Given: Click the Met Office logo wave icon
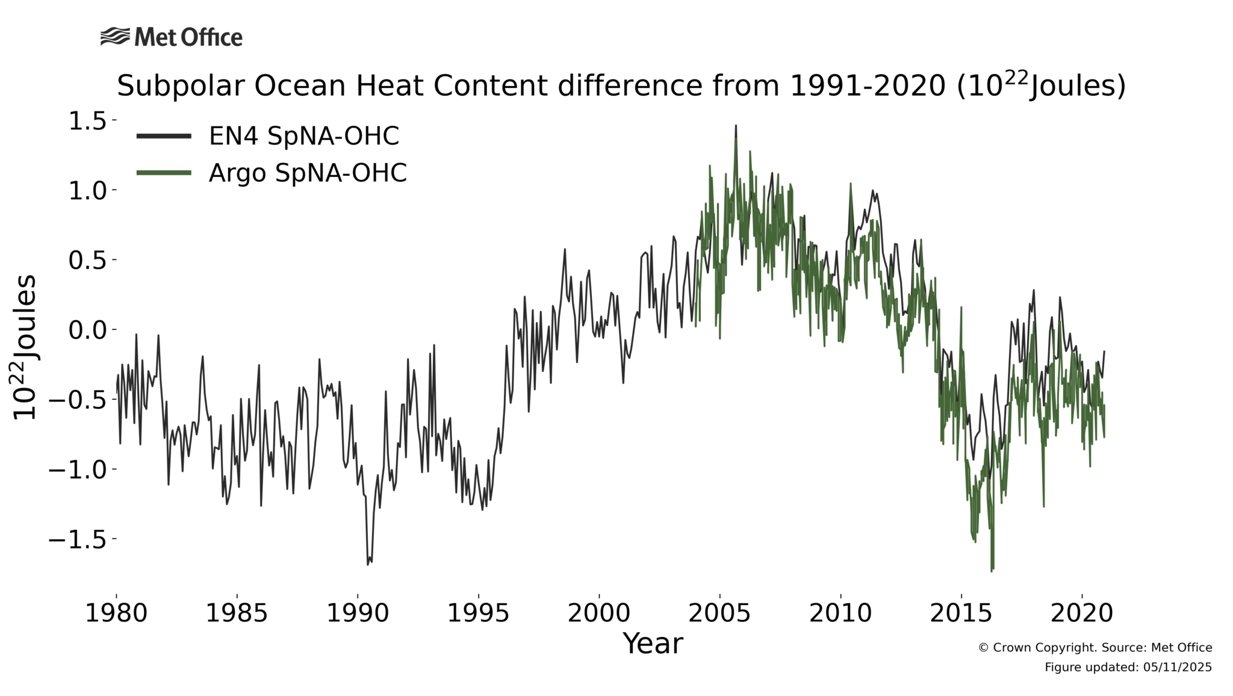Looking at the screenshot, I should (x=114, y=37).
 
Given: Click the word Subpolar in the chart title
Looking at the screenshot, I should (x=181, y=86).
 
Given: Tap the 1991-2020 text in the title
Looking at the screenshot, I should (x=867, y=86).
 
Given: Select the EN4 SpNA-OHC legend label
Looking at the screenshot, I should (x=303, y=136).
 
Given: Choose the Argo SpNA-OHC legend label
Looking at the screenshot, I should (x=308, y=173).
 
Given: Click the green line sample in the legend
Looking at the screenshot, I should (x=164, y=173).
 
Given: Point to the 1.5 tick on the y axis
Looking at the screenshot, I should (x=87, y=121).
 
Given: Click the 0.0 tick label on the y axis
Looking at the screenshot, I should (x=87, y=330).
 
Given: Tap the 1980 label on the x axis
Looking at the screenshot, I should (x=116, y=614).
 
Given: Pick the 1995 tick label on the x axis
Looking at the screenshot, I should (x=479, y=614).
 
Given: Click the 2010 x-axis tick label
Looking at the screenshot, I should (x=840, y=614).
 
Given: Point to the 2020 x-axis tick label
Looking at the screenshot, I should (x=1082, y=614).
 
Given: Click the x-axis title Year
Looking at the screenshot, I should (x=653, y=644).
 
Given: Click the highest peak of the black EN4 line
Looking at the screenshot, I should (x=735, y=126).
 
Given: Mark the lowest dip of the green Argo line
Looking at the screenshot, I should (x=992, y=570).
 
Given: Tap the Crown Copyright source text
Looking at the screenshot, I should (x=1095, y=648).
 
